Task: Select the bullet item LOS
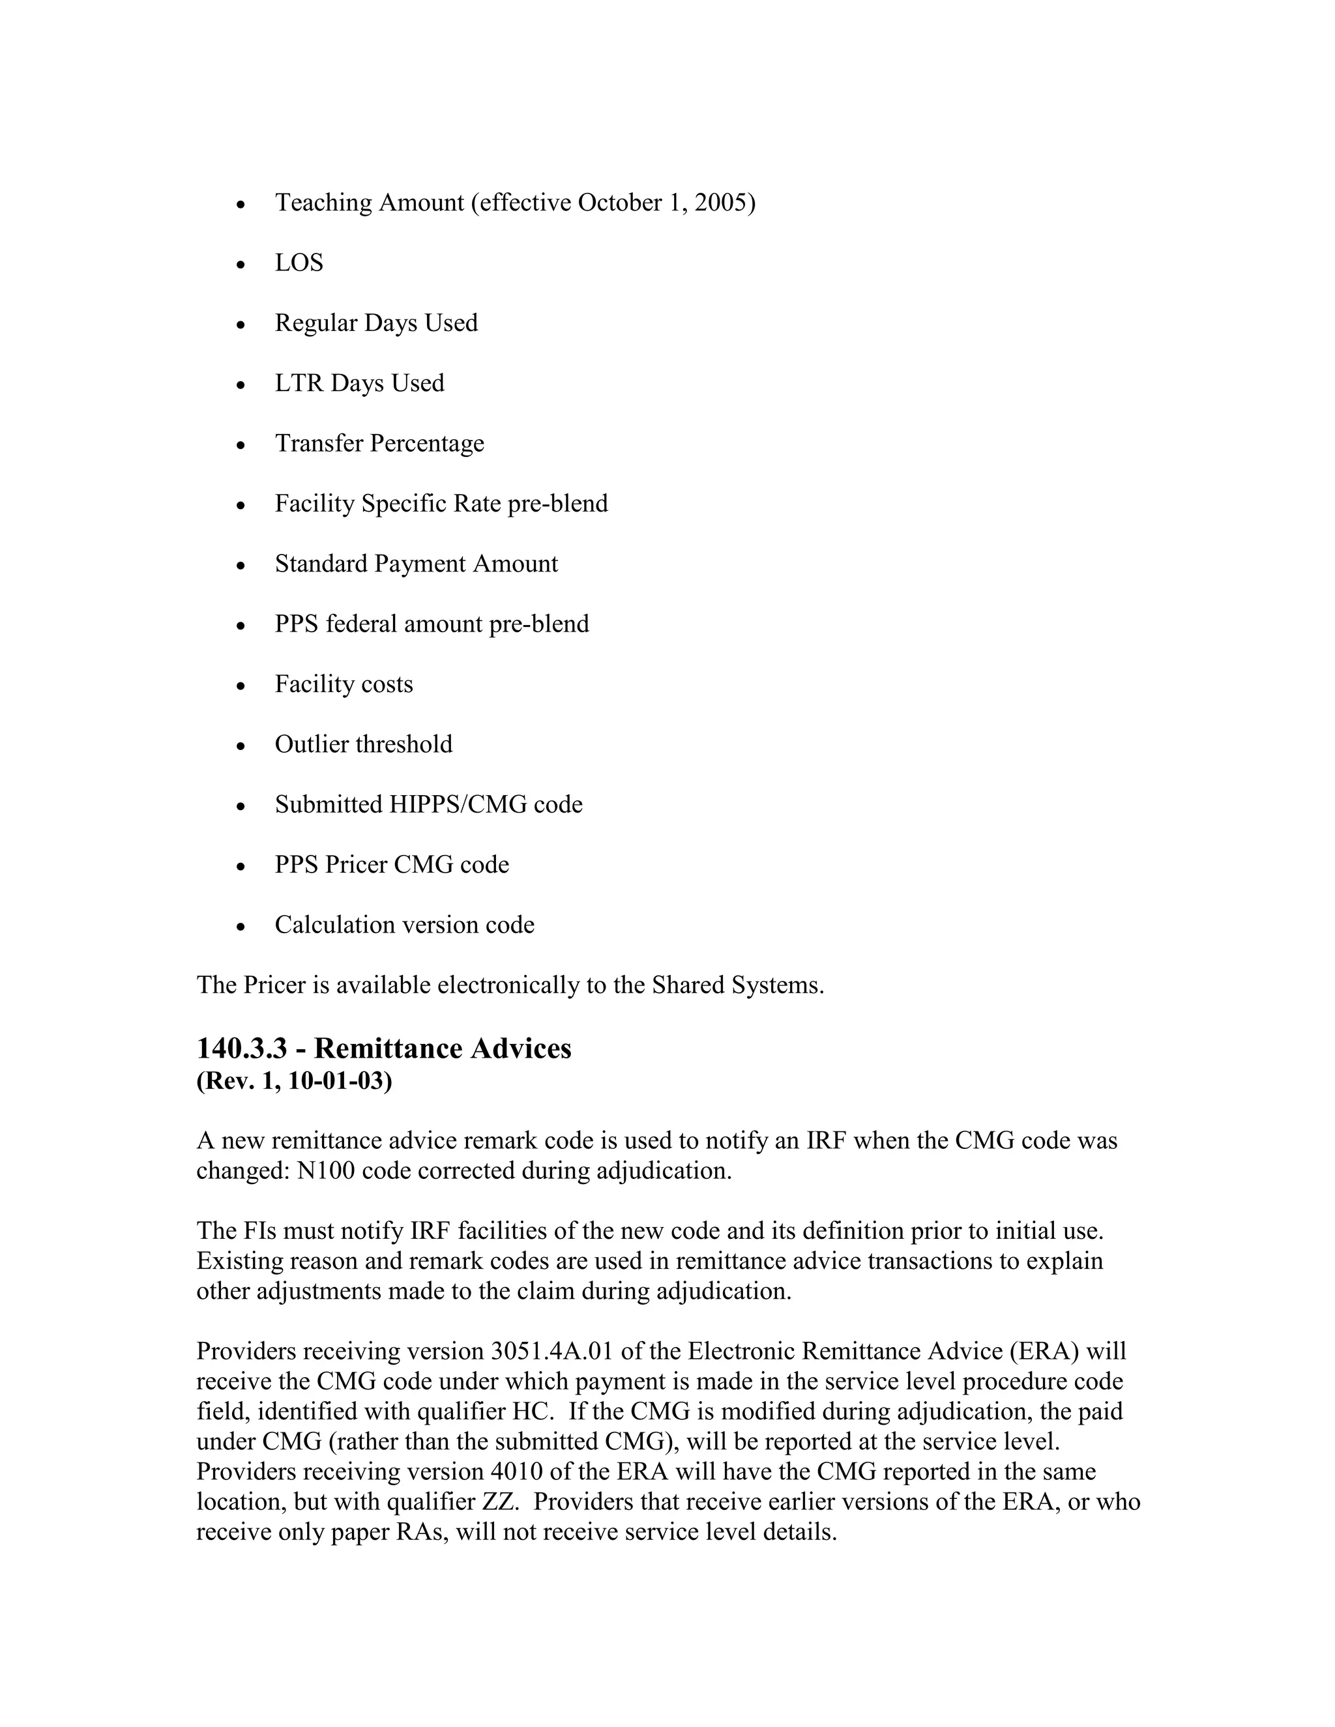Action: pos(299,263)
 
